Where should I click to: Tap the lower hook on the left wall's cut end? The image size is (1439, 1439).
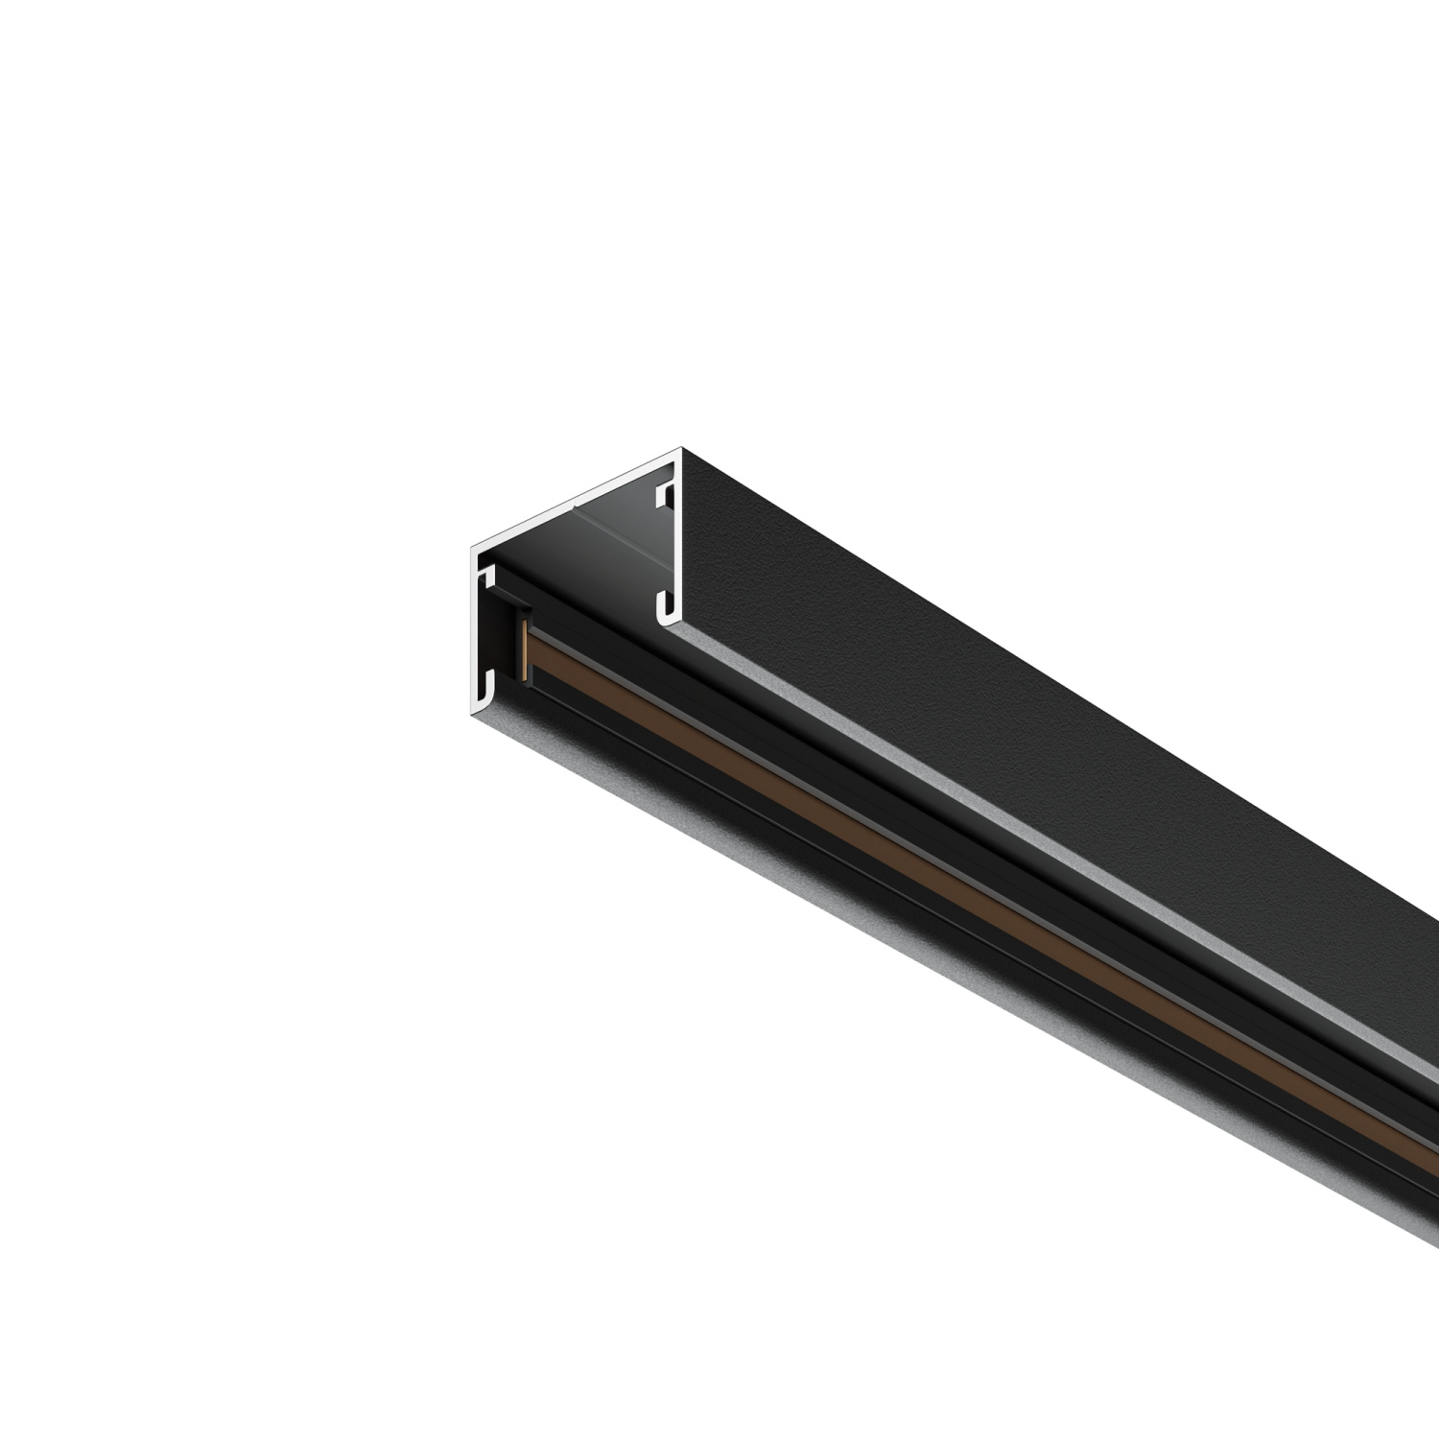click(489, 686)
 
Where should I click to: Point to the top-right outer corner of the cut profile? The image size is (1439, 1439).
click(681, 448)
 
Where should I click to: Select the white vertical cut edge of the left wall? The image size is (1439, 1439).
click(475, 633)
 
